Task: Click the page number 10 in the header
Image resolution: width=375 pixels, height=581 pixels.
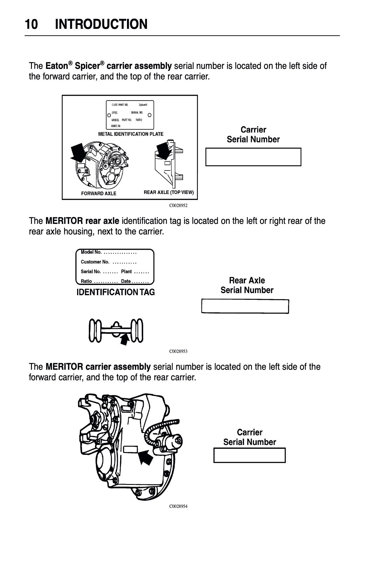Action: (32, 25)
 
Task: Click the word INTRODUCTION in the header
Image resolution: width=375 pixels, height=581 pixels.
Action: (101, 25)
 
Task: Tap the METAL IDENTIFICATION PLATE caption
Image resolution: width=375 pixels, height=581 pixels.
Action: (130, 134)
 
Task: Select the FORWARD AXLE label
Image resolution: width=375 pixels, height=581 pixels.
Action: (99, 193)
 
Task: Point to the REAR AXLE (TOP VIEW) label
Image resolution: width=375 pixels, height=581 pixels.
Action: (169, 193)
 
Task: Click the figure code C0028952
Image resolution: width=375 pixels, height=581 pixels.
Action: (178, 206)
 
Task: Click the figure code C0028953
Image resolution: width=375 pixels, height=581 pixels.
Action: (178, 351)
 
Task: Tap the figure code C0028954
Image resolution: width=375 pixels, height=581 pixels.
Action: (178, 506)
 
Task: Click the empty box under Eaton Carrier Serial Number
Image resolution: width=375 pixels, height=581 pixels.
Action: (253, 157)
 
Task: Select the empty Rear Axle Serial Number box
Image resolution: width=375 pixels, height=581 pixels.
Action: (245, 306)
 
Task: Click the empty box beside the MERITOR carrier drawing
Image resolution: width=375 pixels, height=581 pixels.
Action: (249, 455)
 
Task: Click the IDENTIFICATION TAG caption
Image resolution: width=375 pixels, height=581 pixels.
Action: (116, 292)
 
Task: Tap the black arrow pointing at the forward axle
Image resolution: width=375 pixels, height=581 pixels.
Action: (78, 152)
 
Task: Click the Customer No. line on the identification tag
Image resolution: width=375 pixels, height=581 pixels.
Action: (108, 262)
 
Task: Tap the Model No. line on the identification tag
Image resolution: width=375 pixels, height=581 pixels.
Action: (108, 252)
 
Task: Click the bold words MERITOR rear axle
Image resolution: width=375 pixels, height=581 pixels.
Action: (82, 221)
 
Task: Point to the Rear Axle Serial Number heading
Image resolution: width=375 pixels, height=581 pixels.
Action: (247, 285)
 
